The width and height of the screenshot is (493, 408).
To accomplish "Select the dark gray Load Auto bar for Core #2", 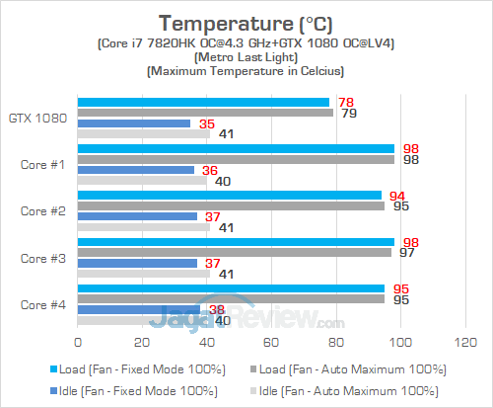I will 231,206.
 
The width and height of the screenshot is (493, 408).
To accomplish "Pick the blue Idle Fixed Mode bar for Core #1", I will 135,170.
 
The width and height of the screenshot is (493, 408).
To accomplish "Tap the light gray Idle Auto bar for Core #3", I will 143,274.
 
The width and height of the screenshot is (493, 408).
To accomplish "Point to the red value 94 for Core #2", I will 397,195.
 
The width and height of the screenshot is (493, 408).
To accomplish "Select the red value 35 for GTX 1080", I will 207,124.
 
